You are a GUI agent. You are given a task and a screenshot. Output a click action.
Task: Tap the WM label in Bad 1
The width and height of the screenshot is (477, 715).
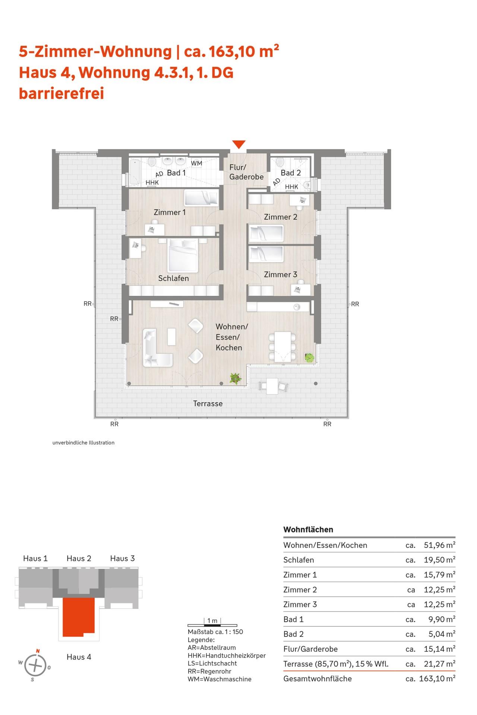pyautogui.click(x=197, y=163)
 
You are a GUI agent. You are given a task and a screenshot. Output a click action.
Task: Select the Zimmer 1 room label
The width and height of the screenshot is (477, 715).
pyautogui.click(x=170, y=212)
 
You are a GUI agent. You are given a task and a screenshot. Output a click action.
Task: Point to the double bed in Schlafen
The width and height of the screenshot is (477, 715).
pyautogui.click(x=183, y=255)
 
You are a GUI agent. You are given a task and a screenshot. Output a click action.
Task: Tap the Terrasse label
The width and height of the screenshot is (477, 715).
pyautogui.click(x=208, y=403)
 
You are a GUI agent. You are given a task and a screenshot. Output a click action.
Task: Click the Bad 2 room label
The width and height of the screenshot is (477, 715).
pyautogui.click(x=291, y=173)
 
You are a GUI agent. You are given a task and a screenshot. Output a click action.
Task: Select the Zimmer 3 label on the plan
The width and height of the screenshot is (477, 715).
pyautogui.click(x=281, y=274)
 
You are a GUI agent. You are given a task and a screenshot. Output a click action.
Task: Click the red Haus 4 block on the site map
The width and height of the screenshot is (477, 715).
pyautogui.click(x=78, y=617)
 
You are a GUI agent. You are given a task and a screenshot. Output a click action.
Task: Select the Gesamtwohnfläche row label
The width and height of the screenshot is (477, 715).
pyautogui.click(x=318, y=679)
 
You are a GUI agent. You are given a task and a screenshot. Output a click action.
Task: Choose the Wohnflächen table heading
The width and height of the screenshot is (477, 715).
pyautogui.click(x=308, y=530)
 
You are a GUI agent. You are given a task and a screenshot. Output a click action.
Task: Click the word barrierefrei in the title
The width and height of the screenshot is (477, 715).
pyautogui.click(x=61, y=93)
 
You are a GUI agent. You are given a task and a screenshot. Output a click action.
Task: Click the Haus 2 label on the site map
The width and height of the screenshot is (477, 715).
pyautogui.click(x=79, y=558)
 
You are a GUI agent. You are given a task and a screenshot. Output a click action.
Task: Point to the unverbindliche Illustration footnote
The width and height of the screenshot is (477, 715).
pyautogui.click(x=83, y=443)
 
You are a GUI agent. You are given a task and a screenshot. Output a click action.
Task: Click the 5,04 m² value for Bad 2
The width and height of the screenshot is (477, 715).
pyautogui.click(x=442, y=634)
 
